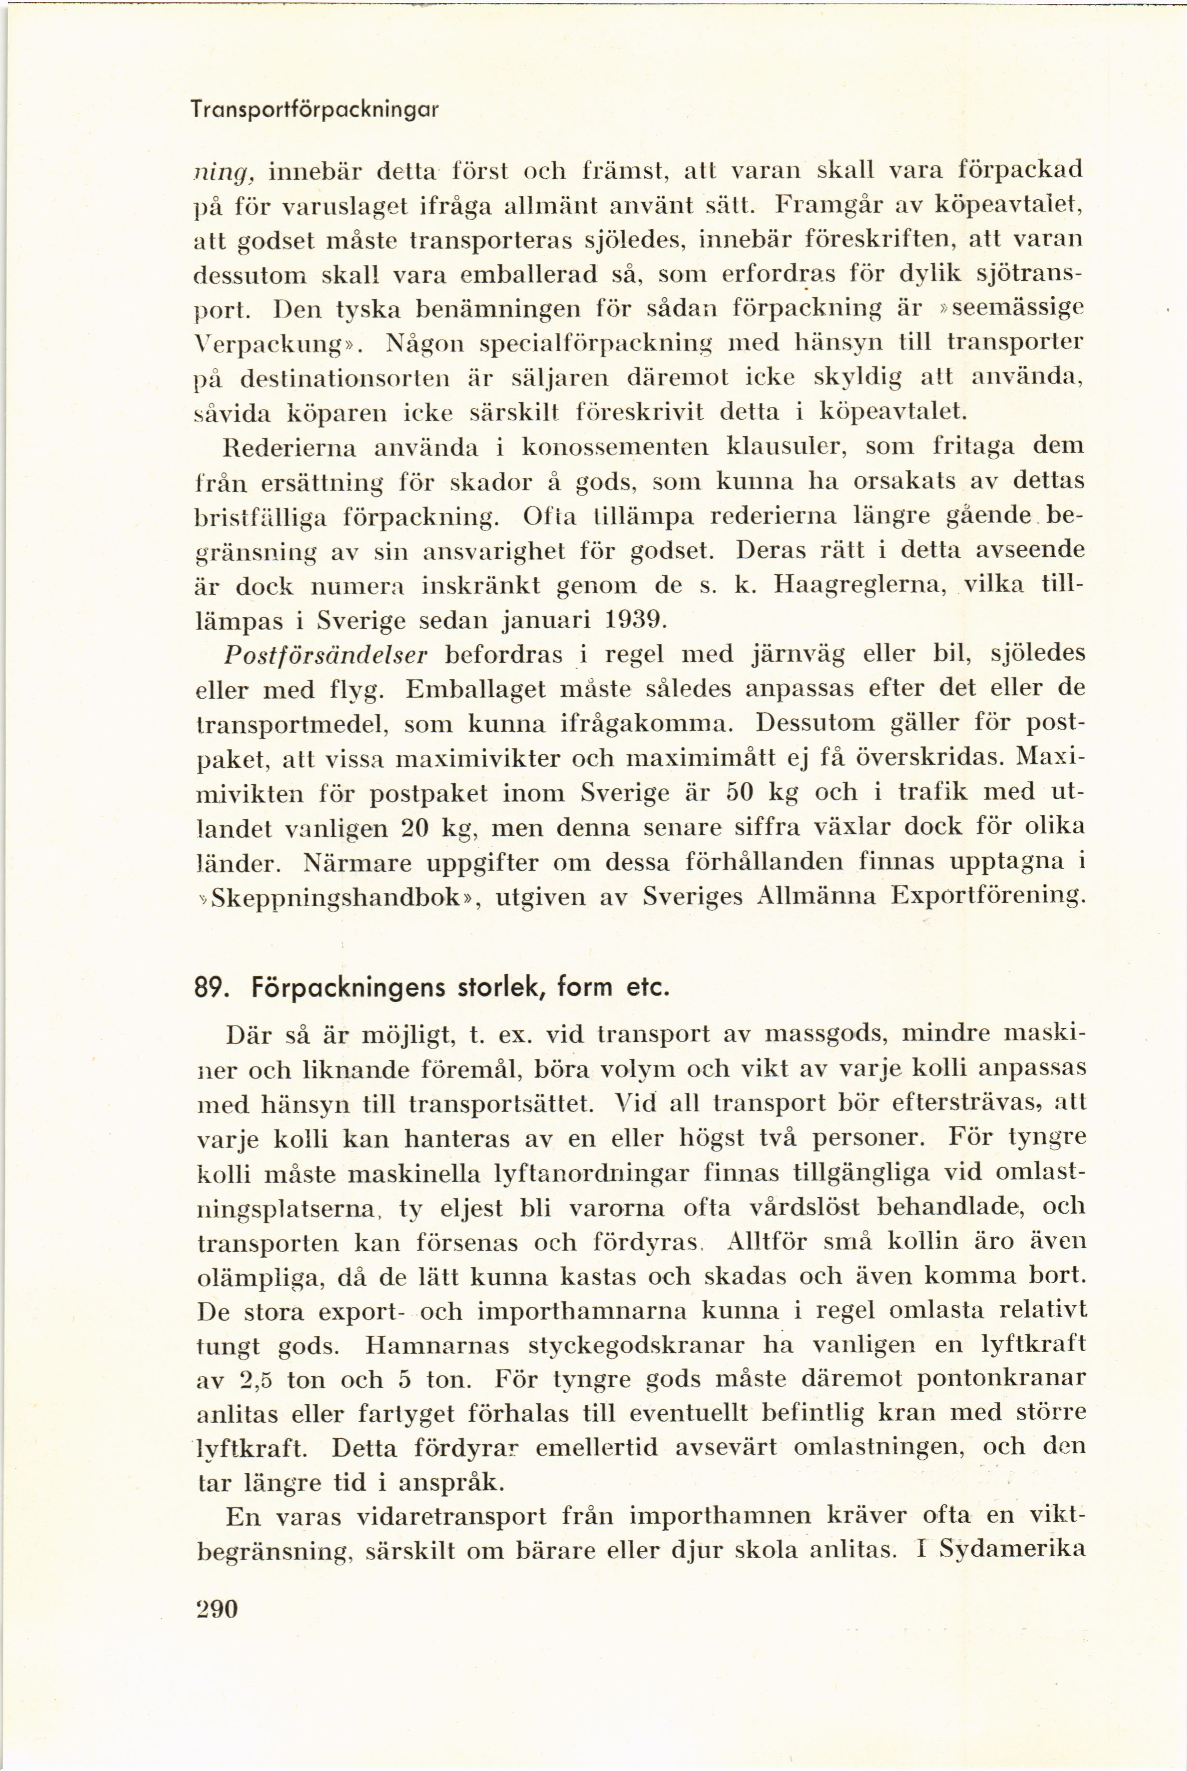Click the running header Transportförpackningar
click(315, 111)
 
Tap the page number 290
click(217, 1608)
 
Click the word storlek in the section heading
click(500, 988)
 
